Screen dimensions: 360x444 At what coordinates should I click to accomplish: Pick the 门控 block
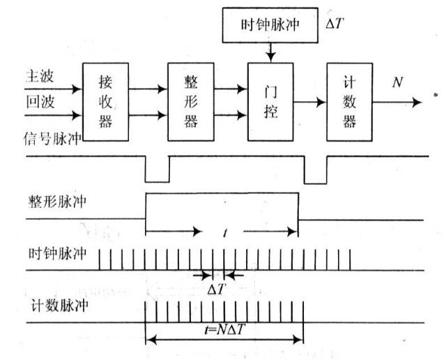click(x=270, y=101)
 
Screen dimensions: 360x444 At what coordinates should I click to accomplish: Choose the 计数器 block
click(x=350, y=101)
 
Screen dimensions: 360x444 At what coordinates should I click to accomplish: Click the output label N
click(x=398, y=83)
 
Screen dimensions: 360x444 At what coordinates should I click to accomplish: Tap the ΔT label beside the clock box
click(x=337, y=23)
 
